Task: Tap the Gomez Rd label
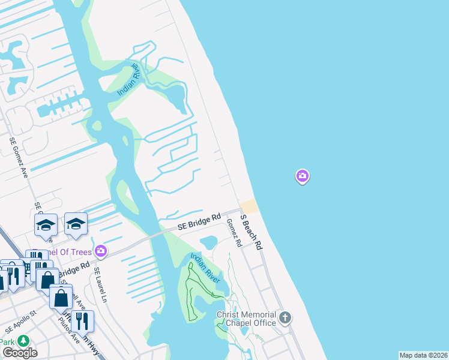(234, 233)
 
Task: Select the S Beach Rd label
(252, 232)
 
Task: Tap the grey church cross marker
(285, 317)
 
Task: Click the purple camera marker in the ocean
(303, 176)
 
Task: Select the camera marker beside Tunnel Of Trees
(101, 251)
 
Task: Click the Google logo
(20, 353)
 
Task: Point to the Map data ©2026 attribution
(423, 355)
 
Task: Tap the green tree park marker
(23, 341)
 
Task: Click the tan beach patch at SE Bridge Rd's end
(249, 206)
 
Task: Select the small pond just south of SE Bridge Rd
(209, 242)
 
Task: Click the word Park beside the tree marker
(7, 341)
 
